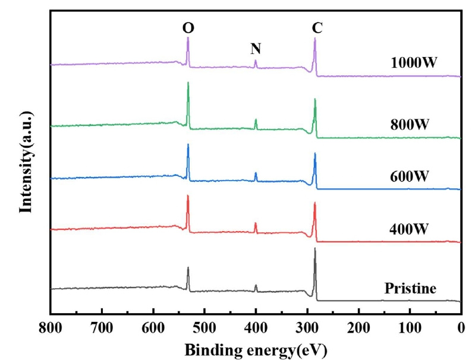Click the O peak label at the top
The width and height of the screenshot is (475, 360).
(x=188, y=27)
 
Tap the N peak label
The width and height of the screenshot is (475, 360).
(x=256, y=49)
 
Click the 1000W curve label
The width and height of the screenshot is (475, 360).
(x=414, y=63)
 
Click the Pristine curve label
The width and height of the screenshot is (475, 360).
(x=410, y=289)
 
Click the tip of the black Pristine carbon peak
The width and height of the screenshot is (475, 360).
(x=314, y=248)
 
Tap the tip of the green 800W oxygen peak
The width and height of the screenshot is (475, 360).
(x=188, y=83)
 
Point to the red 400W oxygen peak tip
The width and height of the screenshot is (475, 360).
(x=188, y=195)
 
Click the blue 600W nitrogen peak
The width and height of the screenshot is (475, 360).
(x=256, y=173)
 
